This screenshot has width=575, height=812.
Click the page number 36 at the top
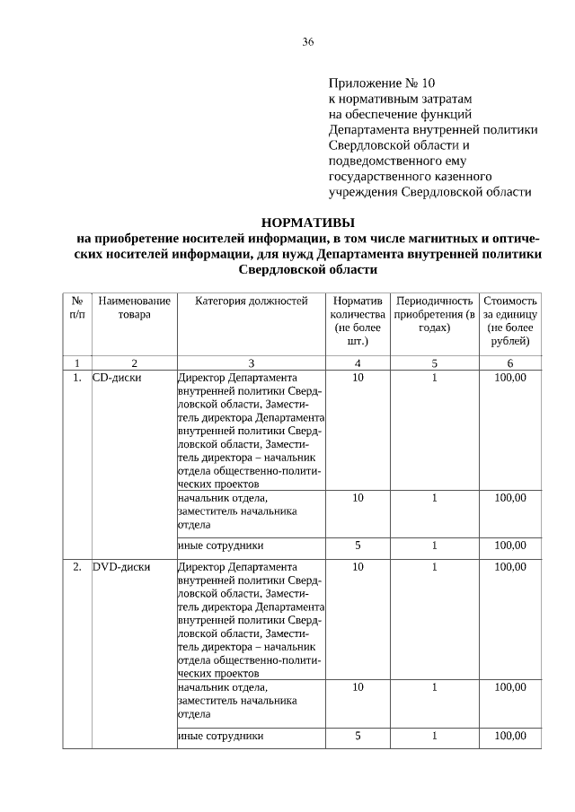(307, 42)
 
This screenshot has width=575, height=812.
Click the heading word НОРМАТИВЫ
(307, 222)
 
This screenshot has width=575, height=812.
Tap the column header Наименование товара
(134, 308)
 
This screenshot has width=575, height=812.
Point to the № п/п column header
(77, 308)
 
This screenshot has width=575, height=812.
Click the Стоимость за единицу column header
(510, 321)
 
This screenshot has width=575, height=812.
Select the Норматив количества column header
(358, 321)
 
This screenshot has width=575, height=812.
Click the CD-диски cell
(117, 378)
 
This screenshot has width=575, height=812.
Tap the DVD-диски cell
(121, 567)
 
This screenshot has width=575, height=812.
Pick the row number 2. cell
(77, 567)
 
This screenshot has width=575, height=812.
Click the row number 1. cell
(77, 378)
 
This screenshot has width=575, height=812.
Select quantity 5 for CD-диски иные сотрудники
(358, 545)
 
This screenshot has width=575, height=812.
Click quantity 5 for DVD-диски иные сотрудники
(358, 736)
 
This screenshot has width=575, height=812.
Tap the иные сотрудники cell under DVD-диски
(221, 736)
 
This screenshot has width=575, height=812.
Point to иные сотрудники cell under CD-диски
(221, 545)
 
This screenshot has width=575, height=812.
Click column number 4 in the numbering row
(358, 362)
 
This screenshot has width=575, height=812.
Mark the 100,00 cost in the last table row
(510, 736)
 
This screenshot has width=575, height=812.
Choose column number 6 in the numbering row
(510, 362)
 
